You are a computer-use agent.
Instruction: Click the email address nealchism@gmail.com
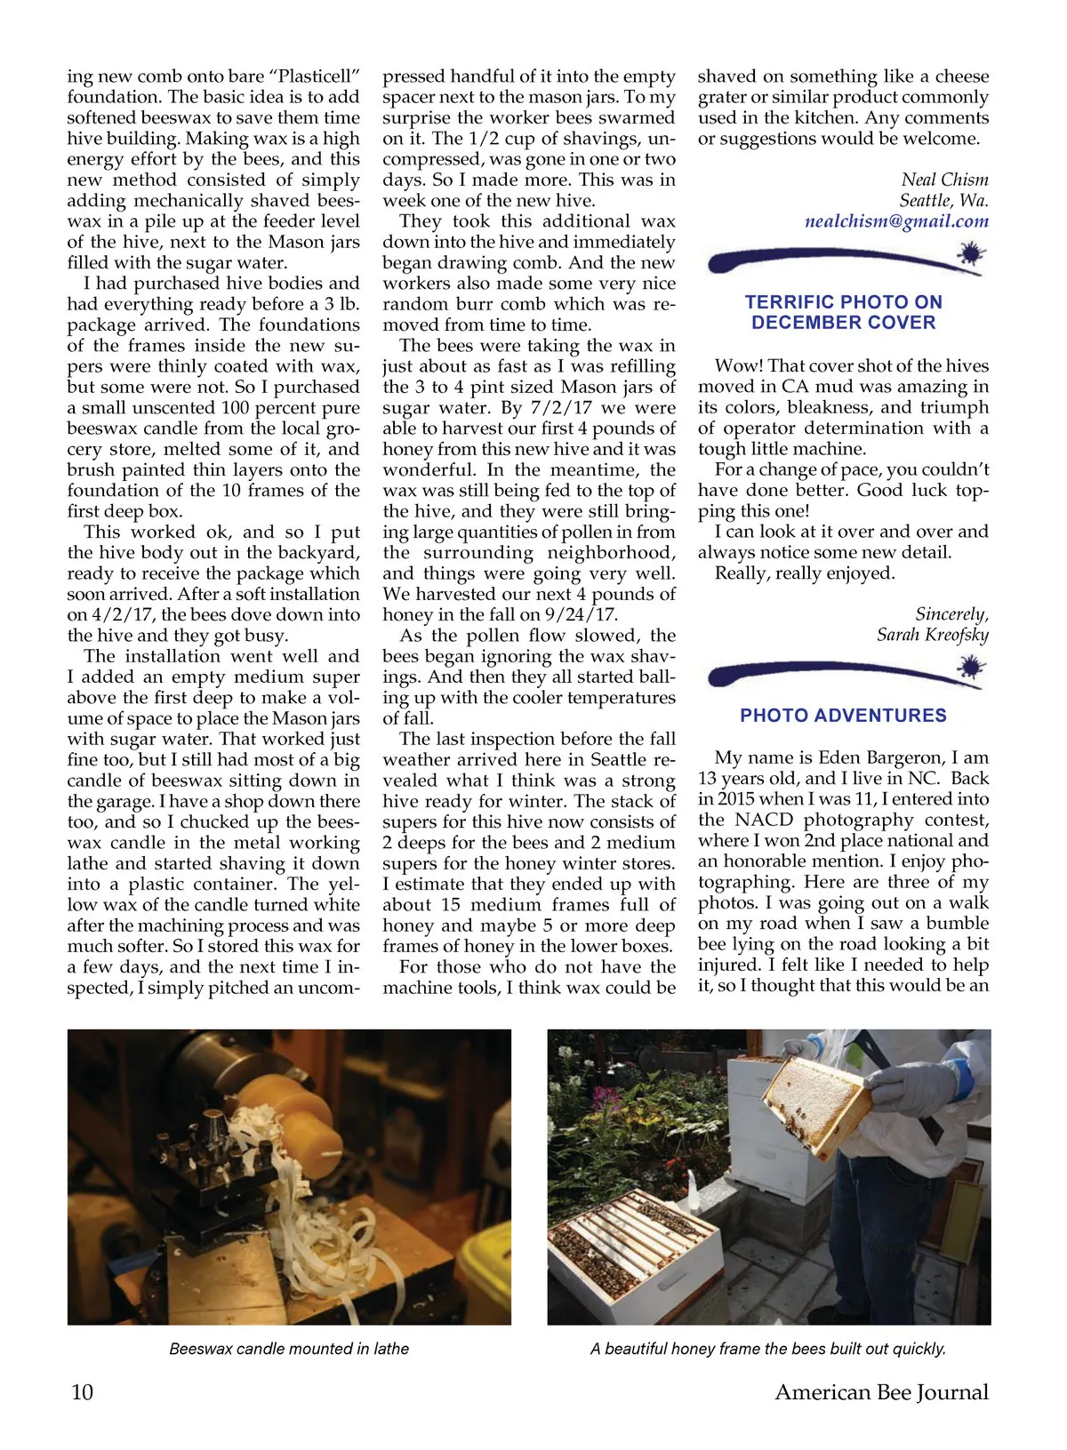(896, 221)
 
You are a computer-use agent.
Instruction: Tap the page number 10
(82, 1392)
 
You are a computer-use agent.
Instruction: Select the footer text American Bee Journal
(881, 1392)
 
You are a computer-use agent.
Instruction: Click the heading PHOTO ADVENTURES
(843, 716)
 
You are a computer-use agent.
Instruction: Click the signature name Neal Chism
(944, 180)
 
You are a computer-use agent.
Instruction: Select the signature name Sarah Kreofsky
(932, 635)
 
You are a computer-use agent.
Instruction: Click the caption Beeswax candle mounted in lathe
(289, 1349)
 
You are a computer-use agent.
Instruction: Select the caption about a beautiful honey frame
(768, 1349)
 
